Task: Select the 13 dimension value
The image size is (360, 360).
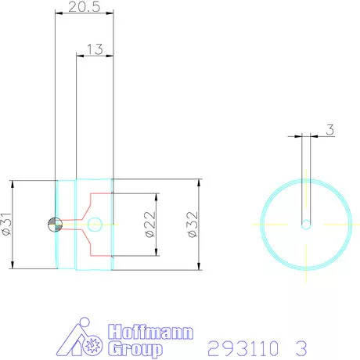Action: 95,49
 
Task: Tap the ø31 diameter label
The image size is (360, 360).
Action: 6,225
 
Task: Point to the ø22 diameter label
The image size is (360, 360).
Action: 149,225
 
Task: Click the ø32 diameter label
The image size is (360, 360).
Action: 190,225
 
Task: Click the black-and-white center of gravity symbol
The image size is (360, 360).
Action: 54,224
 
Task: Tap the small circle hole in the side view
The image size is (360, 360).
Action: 95,224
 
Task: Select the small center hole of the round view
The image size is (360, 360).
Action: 306,225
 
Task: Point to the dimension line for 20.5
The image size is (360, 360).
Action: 85,13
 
